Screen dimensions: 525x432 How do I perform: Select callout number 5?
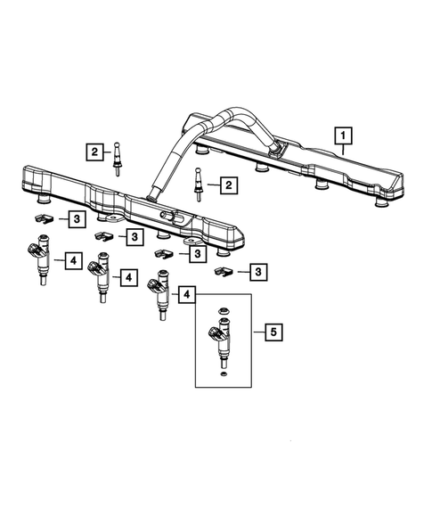pos(272,332)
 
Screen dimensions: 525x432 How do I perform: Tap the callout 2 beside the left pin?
pos(94,152)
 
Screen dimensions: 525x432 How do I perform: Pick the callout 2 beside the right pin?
pos(229,185)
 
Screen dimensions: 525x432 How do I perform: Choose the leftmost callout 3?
pos(77,217)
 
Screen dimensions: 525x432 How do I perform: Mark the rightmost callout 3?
pos(257,270)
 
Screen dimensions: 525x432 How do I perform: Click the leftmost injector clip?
pos(41,217)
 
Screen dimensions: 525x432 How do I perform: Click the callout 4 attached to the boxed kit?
pos(188,293)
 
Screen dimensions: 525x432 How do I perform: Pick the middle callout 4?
pos(128,278)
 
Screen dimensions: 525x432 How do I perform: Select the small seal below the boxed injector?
pos(223,375)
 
